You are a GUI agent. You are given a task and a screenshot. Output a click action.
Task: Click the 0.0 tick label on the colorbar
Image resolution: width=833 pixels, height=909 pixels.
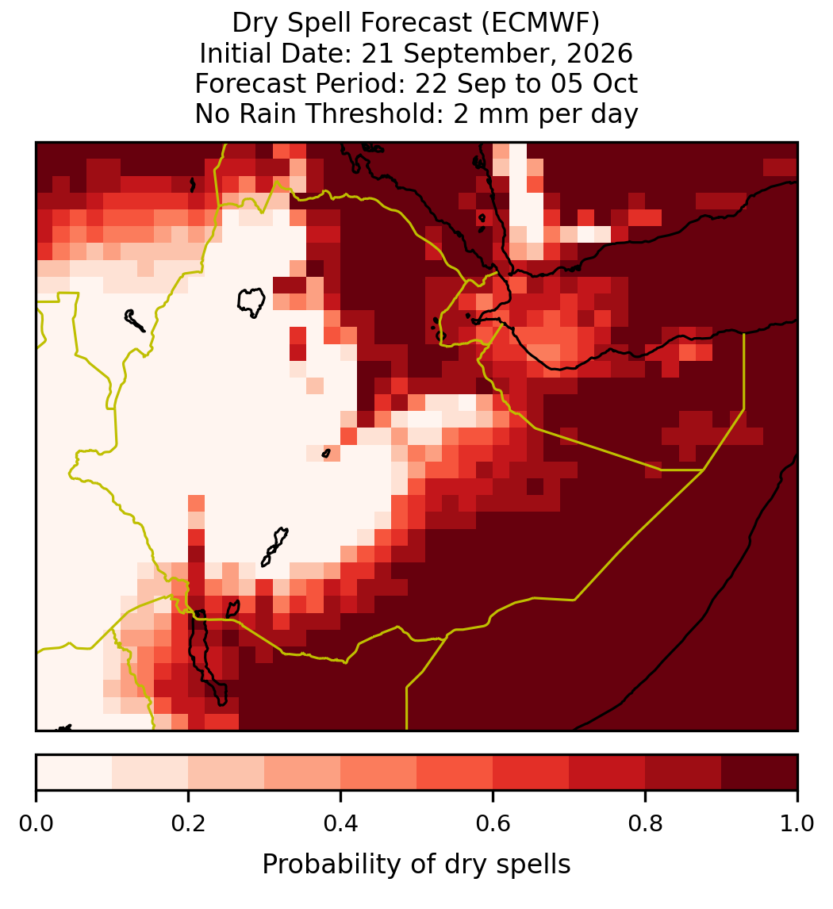coord(36,824)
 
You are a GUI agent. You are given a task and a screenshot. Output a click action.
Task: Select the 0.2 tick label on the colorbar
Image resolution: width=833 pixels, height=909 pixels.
coord(188,824)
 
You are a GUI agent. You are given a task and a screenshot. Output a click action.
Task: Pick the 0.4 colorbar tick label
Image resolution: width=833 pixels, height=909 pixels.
coord(340,824)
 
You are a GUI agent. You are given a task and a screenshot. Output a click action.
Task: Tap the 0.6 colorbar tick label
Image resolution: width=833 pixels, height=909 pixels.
coord(493,824)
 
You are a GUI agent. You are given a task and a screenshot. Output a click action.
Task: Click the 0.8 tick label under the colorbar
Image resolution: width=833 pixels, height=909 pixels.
coord(645,824)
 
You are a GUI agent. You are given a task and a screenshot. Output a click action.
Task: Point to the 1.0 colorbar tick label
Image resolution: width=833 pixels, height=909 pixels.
coord(797,824)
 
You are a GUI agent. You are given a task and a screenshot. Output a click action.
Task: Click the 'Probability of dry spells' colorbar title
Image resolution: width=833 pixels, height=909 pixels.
coord(416,865)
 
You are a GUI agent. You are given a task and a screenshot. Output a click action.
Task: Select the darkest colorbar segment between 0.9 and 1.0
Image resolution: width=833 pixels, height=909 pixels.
coord(759,773)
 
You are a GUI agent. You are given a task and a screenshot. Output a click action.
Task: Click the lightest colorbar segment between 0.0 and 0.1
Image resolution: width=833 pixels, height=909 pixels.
coord(75,773)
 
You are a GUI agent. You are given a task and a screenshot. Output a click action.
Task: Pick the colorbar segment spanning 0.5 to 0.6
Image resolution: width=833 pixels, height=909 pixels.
coord(455,773)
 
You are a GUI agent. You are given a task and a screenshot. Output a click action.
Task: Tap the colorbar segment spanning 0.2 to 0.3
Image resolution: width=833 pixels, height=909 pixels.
coord(226,773)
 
